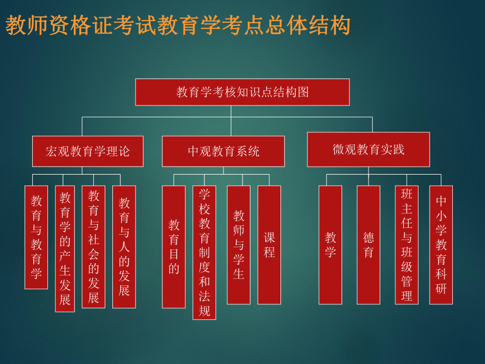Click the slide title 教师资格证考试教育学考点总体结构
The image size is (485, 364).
(178, 25)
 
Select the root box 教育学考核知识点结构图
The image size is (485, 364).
(242, 92)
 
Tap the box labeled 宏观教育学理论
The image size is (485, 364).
(88, 151)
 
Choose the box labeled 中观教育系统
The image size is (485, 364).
(223, 151)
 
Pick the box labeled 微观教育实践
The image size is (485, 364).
(368, 149)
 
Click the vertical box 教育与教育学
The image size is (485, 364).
(36, 237)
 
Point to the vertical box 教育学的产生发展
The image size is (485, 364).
(65, 248)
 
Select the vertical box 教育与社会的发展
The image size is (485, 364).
(93, 246)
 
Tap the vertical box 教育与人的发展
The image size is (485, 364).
(124, 246)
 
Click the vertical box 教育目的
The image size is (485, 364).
(173, 246)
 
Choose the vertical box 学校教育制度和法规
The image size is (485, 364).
(204, 252)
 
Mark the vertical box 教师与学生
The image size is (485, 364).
(238, 245)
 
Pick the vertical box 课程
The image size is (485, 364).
(269, 245)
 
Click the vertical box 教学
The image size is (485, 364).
(330, 245)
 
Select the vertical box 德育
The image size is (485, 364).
(368, 245)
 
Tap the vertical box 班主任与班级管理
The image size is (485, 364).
(406, 245)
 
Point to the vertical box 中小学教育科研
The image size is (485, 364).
(441, 245)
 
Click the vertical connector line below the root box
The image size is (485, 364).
(231, 111)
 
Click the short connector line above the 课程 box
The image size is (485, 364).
(269, 180)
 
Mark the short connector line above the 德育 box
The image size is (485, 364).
(368, 180)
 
